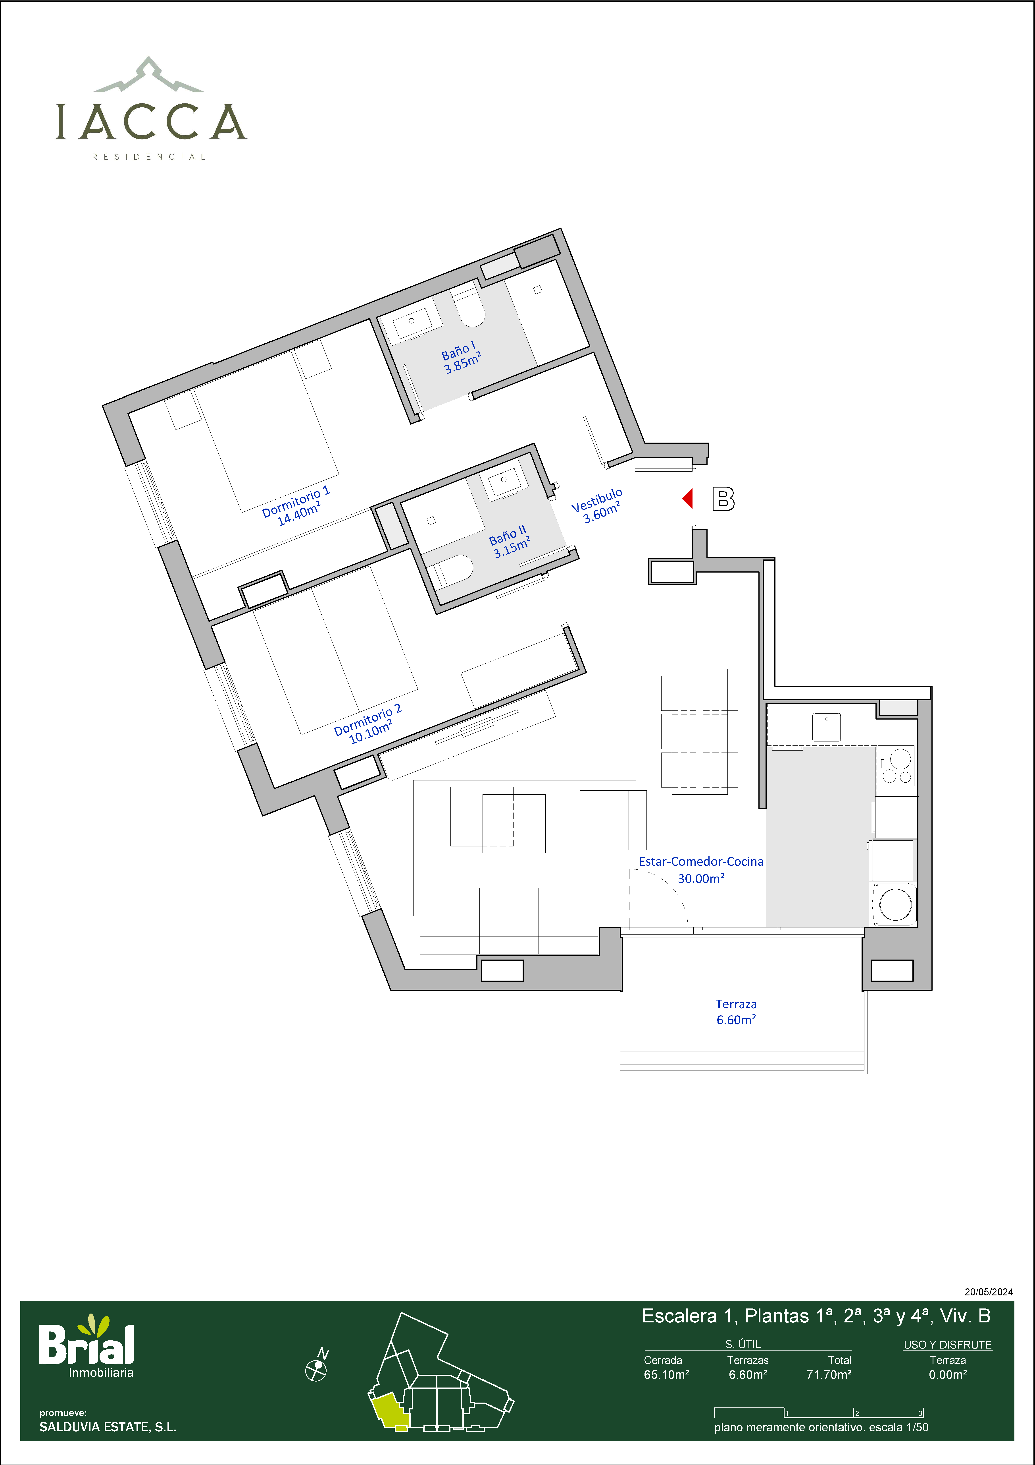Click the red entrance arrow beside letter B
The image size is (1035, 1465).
(687, 498)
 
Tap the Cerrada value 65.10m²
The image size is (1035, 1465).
(666, 1374)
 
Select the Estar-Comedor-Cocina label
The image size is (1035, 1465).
(702, 861)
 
